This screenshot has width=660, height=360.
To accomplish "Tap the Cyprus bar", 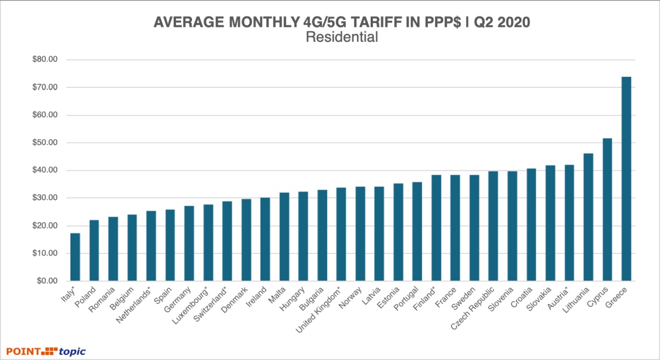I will [x=607, y=209].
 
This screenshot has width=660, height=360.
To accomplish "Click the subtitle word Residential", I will [x=341, y=37].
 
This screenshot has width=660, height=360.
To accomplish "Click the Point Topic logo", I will [x=46, y=351].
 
